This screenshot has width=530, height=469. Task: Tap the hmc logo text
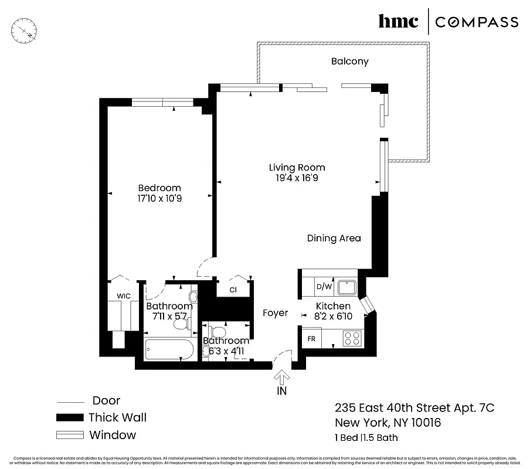click(398, 22)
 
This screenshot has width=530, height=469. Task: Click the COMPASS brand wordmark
click(477, 22)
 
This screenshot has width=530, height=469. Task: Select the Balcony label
click(349, 61)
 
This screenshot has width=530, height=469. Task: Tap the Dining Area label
click(334, 238)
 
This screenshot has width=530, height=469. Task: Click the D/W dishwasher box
click(324, 287)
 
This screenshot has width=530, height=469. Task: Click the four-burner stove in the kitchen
click(352, 338)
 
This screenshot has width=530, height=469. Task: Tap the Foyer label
click(275, 313)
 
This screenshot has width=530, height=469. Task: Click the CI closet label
click(233, 289)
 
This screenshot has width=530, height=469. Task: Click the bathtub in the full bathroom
click(169, 350)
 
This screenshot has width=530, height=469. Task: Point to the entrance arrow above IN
click(282, 377)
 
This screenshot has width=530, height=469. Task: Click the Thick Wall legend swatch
click(70, 418)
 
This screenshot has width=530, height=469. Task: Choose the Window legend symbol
click(70, 435)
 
